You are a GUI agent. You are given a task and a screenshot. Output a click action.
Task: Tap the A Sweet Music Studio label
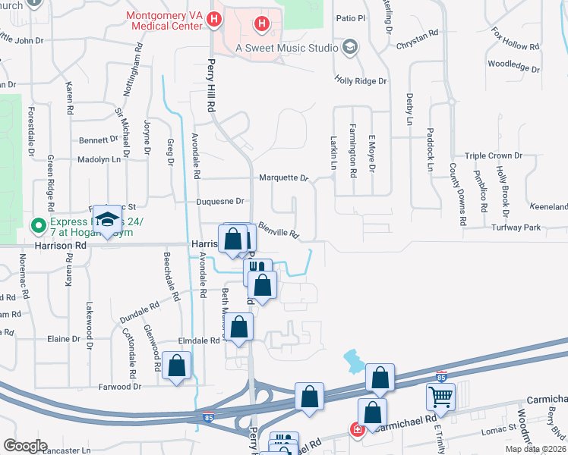[286, 48]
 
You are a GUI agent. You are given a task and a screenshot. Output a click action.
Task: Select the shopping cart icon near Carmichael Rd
[440, 396]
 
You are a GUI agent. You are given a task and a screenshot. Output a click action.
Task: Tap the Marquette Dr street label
[283, 178]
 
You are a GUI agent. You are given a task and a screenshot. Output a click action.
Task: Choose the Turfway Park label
[515, 227]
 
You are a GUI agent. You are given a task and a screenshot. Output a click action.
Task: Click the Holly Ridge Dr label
[361, 80]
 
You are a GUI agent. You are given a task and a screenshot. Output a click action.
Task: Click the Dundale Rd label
[139, 312]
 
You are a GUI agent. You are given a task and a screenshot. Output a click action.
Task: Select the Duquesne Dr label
[220, 202]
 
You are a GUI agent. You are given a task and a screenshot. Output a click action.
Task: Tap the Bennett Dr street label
[99, 140]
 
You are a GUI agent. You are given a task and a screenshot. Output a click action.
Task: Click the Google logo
[25, 446]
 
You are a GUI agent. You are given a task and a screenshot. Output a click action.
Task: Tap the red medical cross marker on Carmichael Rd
[356, 430]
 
